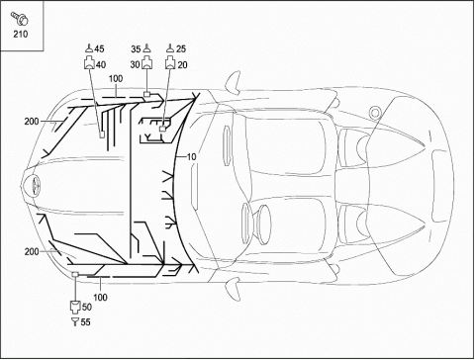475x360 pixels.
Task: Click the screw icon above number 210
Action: [x=19, y=18]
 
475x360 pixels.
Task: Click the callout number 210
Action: [x=21, y=34]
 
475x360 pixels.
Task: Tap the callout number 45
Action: [x=99, y=48]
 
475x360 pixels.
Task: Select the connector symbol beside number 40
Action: [x=89, y=63]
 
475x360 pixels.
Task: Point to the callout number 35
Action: [x=136, y=49]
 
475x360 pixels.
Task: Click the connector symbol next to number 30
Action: [x=147, y=63]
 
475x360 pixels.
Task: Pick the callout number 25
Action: [x=181, y=48]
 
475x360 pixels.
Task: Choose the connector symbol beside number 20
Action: [x=170, y=63]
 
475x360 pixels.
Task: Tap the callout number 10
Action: [x=191, y=157]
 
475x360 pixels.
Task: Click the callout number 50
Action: [x=87, y=307]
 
